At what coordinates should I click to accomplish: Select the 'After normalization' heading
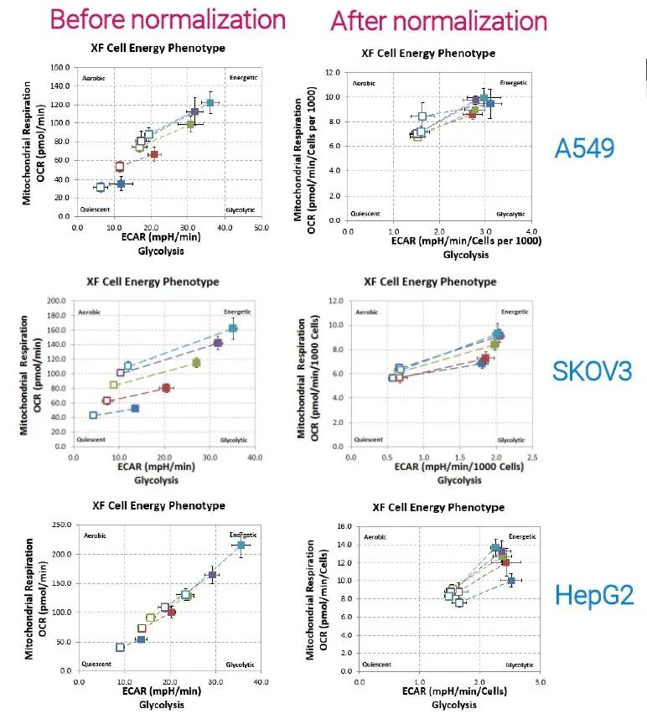(x=439, y=21)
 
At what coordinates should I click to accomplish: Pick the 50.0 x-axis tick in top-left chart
(x=261, y=227)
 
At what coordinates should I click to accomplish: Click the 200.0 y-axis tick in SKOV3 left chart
(x=57, y=300)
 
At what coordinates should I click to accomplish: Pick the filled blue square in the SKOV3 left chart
(x=135, y=408)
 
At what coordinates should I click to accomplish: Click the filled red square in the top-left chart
(x=154, y=155)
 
